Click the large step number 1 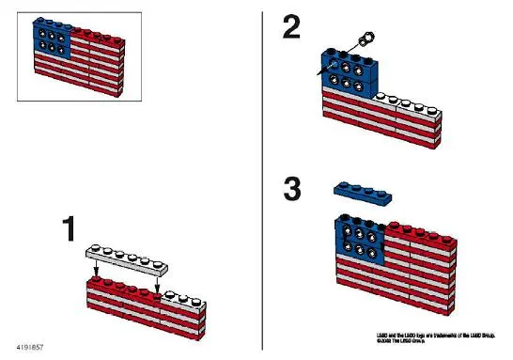pyautogui.click(x=68, y=230)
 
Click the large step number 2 pyautogui.click(x=292, y=27)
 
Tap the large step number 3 pyautogui.click(x=293, y=189)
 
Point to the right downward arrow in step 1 pyautogui.click(x=157, y=280)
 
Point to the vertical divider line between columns pyautogui.click(x=262, y=179)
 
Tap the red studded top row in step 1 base pyautogui.click(x=122, y=288)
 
